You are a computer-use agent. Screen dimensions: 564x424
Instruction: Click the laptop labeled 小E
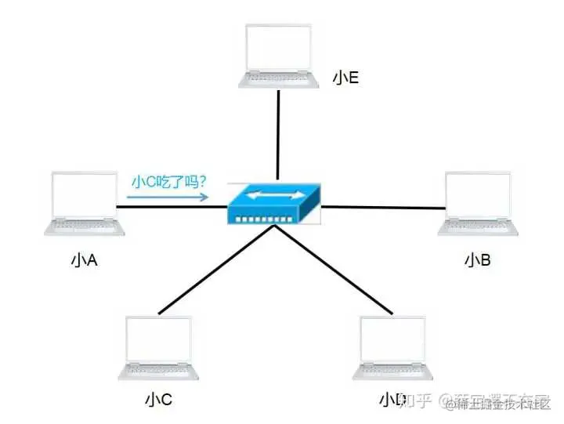[280, 55]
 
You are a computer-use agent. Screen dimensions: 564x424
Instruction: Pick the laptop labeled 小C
[159, 348]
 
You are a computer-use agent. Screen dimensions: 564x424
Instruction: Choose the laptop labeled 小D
[392, 348]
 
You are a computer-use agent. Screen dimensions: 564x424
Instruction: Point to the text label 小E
[345, 79]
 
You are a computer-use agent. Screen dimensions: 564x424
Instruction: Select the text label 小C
[158, 401]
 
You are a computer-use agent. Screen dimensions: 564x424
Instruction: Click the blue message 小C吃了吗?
[168, 182]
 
